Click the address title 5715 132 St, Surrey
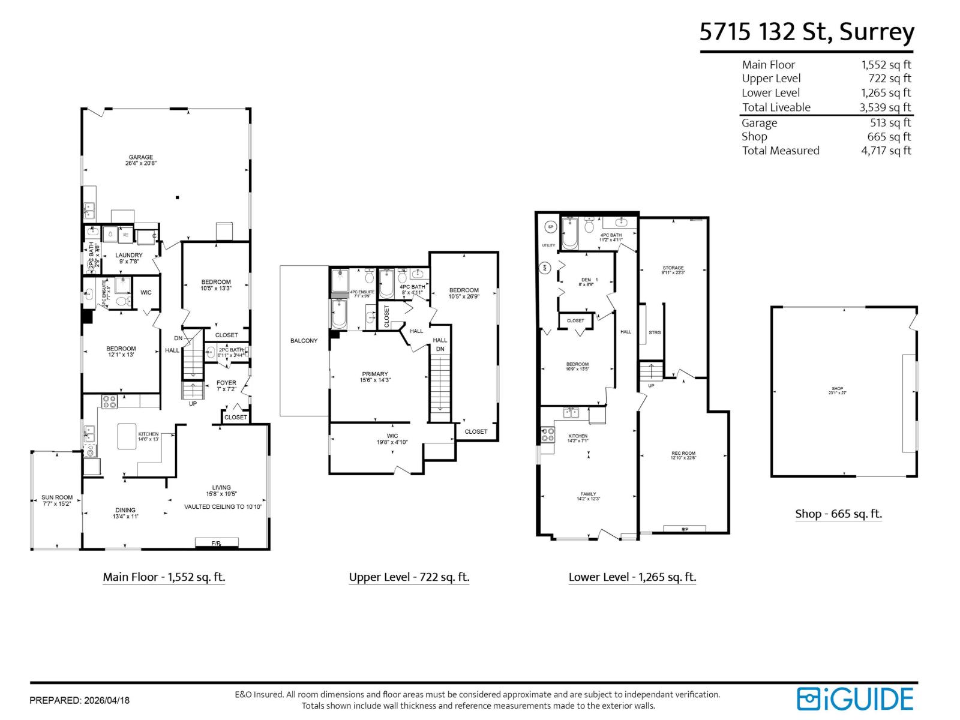pyautogui.click(x=806, y=32)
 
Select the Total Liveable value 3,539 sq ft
pyautogui.click(x=885, y=107)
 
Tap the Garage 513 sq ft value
pyautogui.click(x=890, y=122)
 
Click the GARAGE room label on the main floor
pyautogui.click(x=141, y=160)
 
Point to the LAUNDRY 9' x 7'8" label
pyautogui.click(x=128, y=258)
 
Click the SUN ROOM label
pyautogui.click(x=56, y=500)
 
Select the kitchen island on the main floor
pyautogui.click(x=127, y=436)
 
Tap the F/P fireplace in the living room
pyautogui.click(x=217, y=543)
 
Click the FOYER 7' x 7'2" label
pyautogui.click(x=226, y=386)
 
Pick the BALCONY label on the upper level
pyautogui.click(x=304, y=341)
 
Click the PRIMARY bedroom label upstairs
pyautogui.click(x=375, y=377)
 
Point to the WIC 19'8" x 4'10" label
pyautogui.click(x=392, y=439)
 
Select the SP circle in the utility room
pyautogui.click(x=550, y=227)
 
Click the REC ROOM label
pyautogui.click(x=683, y=455)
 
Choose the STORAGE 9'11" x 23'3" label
pyautogui.click(x=673, y=270)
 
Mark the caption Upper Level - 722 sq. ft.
pyautogui.click(x=409, y=577)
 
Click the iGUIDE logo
pyautogui.click(x=855, y=699)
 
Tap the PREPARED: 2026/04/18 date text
pyautogui.click(x=79, y=700)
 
